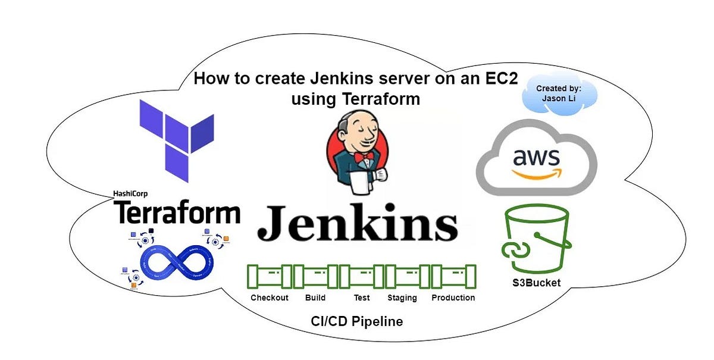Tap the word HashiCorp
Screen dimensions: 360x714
(130, 193)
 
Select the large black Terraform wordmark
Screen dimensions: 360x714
(177, 212)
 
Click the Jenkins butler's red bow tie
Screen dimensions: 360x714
(364, 156)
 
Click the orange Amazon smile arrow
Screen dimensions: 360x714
(537, 173)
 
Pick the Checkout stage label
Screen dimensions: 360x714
(269, 298)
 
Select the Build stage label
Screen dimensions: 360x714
(315, 298)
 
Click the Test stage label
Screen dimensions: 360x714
(361, 298)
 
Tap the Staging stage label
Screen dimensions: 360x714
(402, 298)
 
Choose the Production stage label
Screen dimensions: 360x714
(453, 298)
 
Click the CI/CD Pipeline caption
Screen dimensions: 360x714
(357, 322)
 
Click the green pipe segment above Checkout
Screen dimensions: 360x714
(269, 276)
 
